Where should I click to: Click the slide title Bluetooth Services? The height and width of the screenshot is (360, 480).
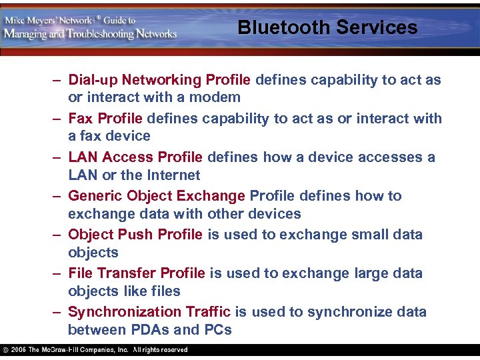click(x=327, y=27)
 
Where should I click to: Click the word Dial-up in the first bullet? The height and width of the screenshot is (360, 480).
click(x=92, y=80)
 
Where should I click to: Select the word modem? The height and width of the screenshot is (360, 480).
click(x=218, y=97)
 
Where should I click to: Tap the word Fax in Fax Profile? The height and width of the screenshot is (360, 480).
click(x=81, y=119)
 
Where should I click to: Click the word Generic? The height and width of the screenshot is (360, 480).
click(x=95, y=196)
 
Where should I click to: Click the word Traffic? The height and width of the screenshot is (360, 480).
click(x=206, y=312)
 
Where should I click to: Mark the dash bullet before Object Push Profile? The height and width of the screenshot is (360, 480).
click(x=58, y=235)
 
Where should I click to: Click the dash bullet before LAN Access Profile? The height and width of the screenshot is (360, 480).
click(x=58, y=157)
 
